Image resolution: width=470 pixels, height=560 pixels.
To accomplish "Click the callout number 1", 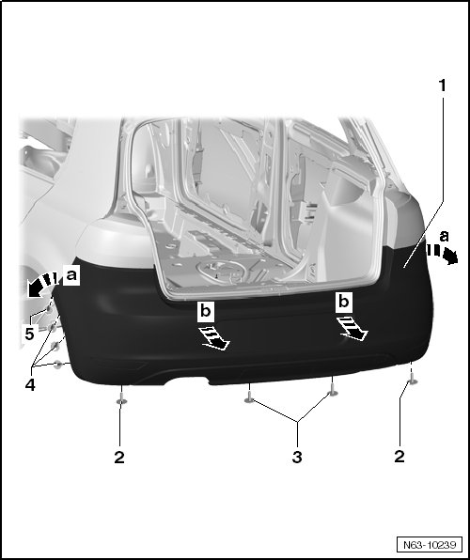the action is click(x=443, y=86).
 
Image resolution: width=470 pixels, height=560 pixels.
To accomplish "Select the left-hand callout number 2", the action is click(x=119, y=458).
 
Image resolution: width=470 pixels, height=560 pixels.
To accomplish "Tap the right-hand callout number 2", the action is click(x=399, y=457).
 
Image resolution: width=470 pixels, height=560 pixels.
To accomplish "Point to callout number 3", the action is click(x=297, y=457).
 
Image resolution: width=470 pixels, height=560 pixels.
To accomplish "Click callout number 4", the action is click(x=30, y=384).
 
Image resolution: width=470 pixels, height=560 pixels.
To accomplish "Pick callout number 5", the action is click(x=29, y=334).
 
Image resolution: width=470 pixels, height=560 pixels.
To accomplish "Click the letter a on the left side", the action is click(x=71, y=275).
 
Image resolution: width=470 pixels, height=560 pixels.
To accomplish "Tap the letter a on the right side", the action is click(x=444, y=236).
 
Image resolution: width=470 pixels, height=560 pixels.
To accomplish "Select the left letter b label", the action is click(x=206, y=311).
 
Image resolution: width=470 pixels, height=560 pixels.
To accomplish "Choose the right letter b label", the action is click(x=343, y=303).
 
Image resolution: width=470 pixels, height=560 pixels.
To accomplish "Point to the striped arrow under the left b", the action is click(x=215, y=338).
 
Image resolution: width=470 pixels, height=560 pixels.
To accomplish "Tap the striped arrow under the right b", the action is click(x=352, y=329).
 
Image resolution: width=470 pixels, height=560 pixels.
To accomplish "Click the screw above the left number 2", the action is click(x=122, y=397).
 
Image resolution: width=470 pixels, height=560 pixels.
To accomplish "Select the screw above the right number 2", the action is click(x=413, y=379).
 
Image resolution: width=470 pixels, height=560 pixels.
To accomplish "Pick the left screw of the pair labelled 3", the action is click(x=249, y=397).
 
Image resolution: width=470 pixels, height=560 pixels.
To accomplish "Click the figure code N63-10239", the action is click(x=430, y=545).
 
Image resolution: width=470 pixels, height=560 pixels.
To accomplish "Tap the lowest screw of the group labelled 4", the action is click(x=58, y=365).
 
